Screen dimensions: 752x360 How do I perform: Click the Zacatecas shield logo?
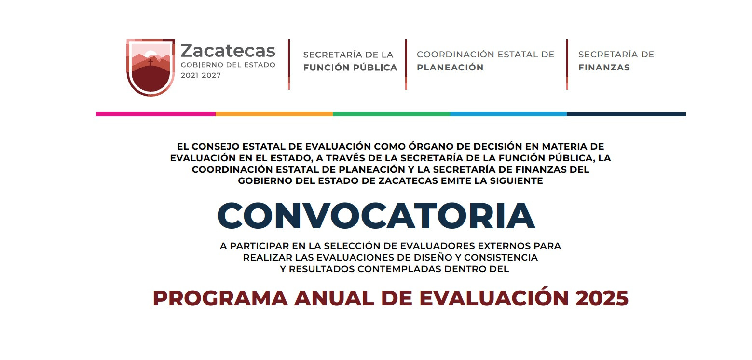coord(150,67)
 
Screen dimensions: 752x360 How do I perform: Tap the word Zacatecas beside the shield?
coord(228,51)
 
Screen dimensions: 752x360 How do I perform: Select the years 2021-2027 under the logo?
coord(201,76)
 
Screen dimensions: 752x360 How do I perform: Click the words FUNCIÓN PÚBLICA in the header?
coord(350,68)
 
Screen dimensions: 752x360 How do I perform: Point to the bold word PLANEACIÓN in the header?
coord(450,67)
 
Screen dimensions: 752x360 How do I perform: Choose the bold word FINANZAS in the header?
coord(604,68)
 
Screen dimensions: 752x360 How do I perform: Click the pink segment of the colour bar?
coord(156,114)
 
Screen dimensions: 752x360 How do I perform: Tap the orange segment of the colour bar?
coord(274,114)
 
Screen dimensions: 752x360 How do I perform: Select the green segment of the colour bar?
coord(391,114)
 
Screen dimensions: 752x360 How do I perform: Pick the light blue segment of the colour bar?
coord(508,114)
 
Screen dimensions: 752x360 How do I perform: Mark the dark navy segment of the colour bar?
coord(626,114)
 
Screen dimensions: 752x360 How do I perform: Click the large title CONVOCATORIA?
coord(376,216)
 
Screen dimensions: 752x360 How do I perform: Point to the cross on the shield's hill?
coord(150,62)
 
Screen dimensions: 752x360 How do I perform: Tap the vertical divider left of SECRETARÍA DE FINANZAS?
coord(567,64)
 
